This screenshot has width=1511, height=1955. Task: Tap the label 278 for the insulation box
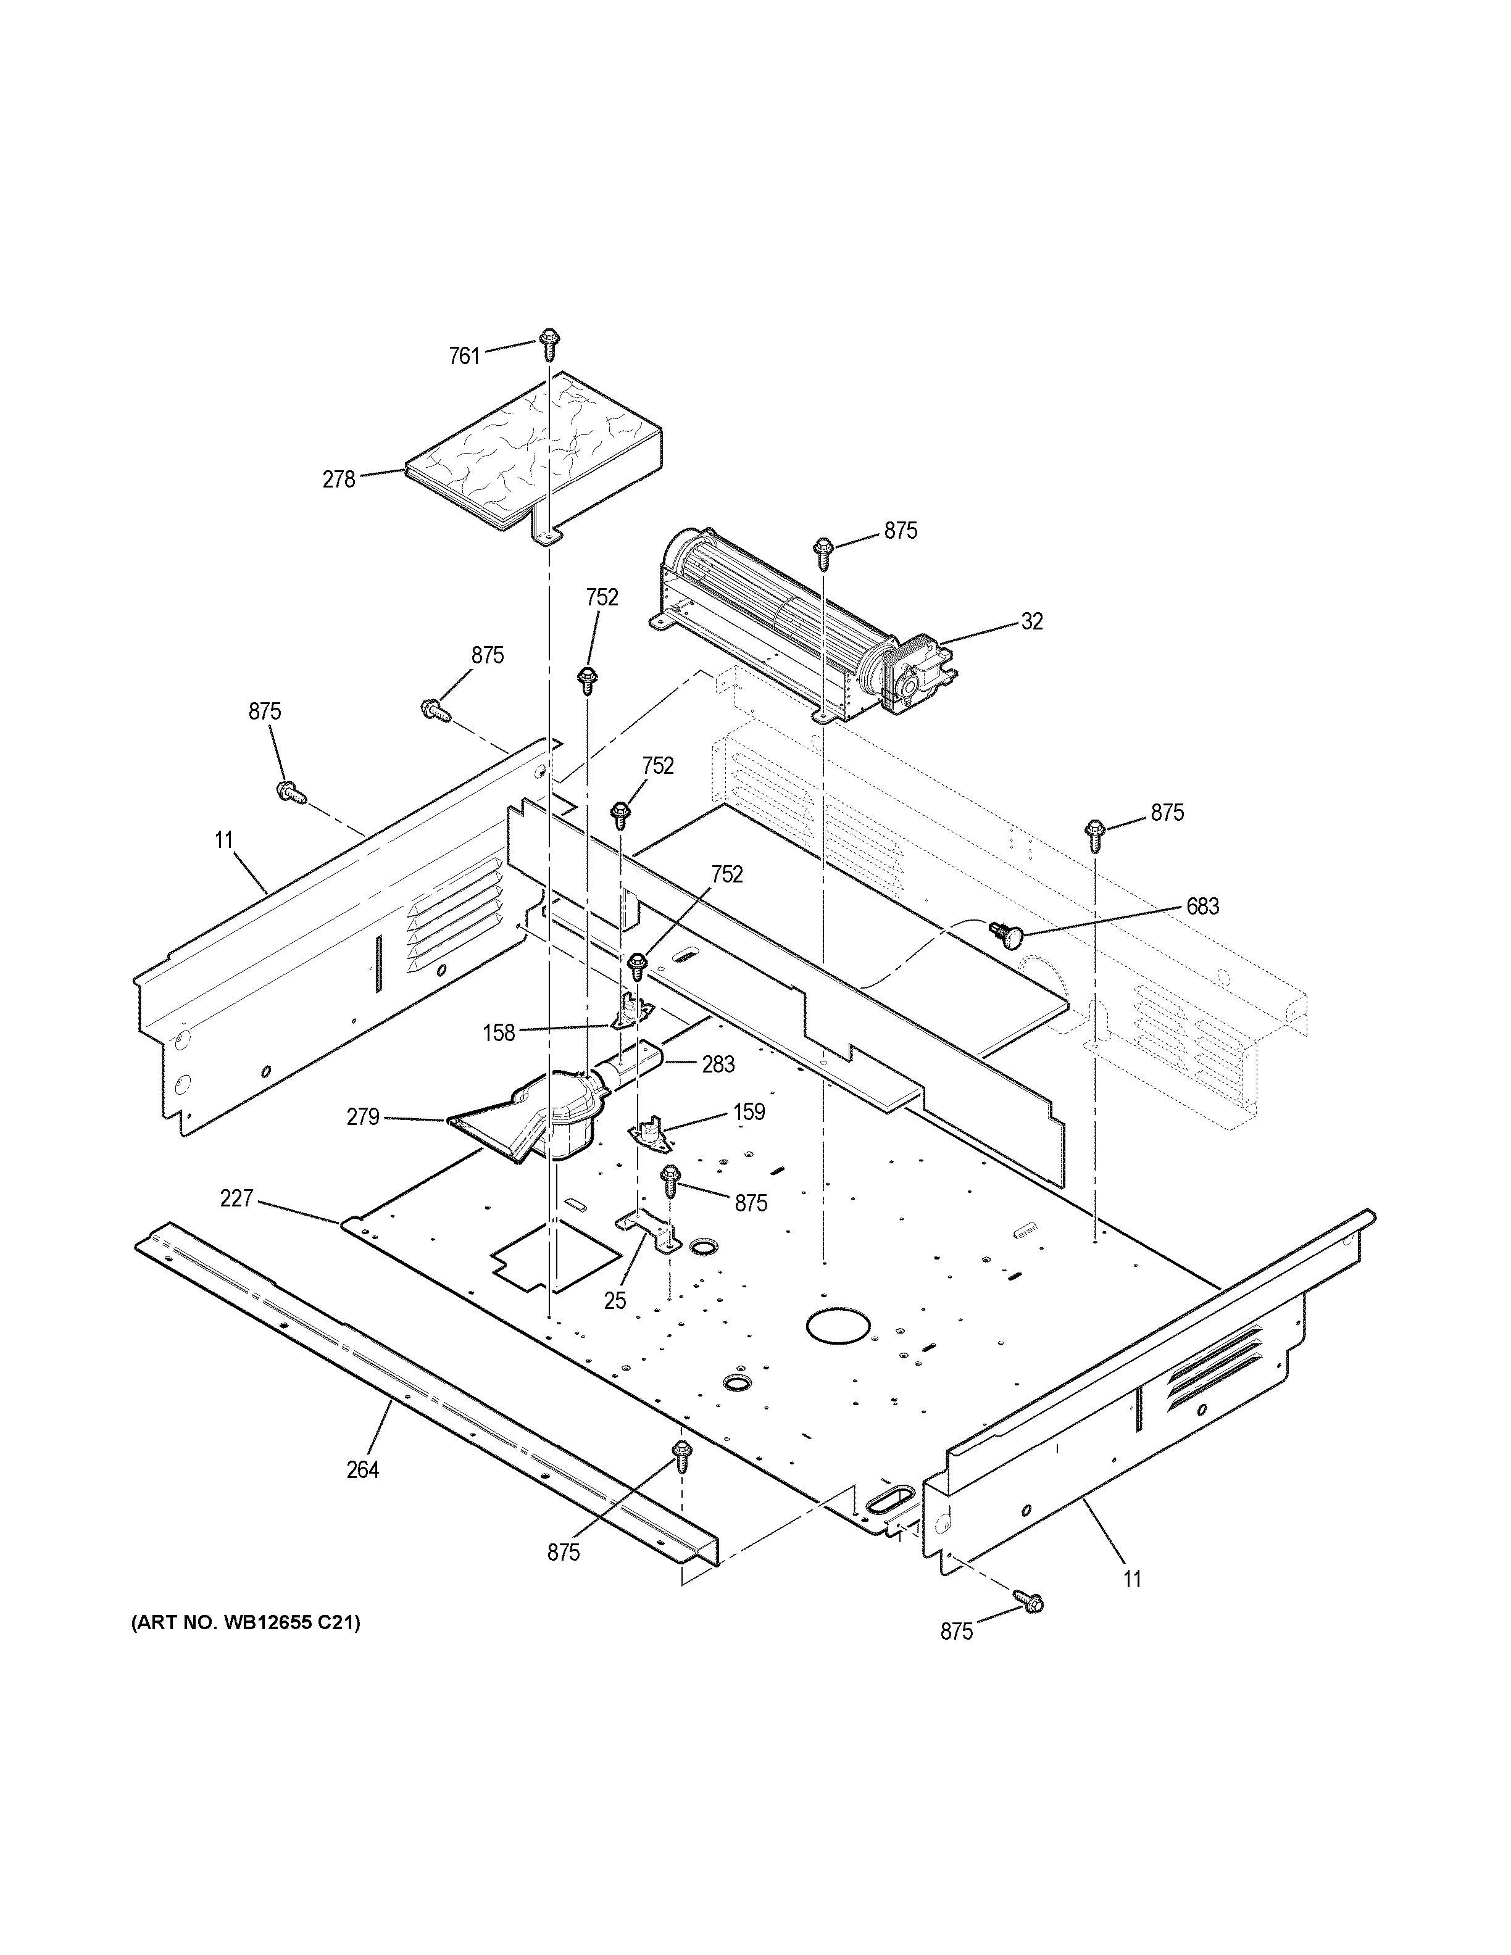339,479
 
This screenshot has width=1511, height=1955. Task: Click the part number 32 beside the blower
1031,621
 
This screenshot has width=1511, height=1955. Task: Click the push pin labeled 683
1007,934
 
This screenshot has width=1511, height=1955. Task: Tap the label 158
499,1033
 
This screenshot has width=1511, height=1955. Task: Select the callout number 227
236,1198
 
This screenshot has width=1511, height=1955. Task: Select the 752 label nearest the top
602,597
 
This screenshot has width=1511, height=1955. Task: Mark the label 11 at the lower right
1133,1579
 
